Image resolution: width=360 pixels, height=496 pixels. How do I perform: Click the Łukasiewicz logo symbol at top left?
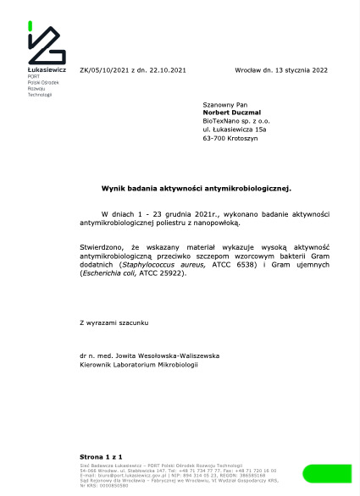coord(46,45)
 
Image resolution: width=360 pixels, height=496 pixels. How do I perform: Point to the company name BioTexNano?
coord(219,122)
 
